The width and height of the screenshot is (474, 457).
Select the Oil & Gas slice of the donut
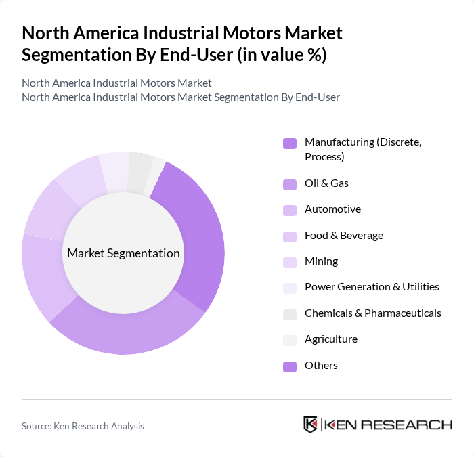129,332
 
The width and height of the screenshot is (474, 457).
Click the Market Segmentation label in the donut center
123,253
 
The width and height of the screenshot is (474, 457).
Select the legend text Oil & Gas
326,183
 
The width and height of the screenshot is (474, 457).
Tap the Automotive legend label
332,209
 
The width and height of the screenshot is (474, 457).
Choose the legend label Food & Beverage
343,236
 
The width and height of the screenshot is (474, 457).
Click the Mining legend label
321,261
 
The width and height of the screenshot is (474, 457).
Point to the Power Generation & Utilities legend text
372,287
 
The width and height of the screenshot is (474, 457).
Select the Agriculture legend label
330,339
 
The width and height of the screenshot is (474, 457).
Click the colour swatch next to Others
290,366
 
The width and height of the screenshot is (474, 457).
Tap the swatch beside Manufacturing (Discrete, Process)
290,143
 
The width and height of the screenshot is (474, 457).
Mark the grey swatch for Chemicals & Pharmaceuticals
290,314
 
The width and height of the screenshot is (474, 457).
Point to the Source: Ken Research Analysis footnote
83,426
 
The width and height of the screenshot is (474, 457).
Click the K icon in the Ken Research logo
310,425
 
